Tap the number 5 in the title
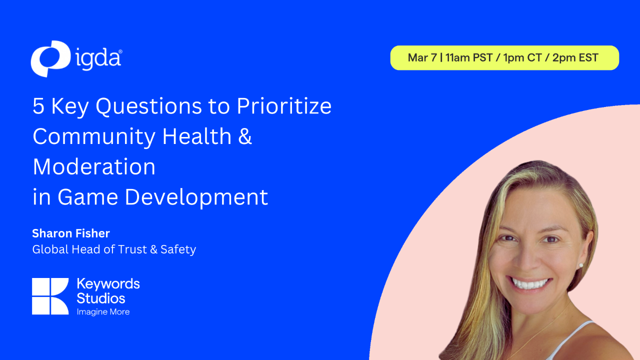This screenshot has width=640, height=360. (38, 106)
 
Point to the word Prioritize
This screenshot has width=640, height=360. (284, 106)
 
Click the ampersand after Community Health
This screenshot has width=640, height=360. (245, 136)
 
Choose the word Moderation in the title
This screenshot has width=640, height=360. (94, 166)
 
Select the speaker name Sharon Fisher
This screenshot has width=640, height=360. (71, 233)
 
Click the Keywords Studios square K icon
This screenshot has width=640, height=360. (50, 296)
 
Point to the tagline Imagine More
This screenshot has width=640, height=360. (103, 312)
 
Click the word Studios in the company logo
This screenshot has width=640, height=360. (101, 298)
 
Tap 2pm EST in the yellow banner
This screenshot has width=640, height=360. (575, 57)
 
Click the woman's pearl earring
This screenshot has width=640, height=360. (581, 265)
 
